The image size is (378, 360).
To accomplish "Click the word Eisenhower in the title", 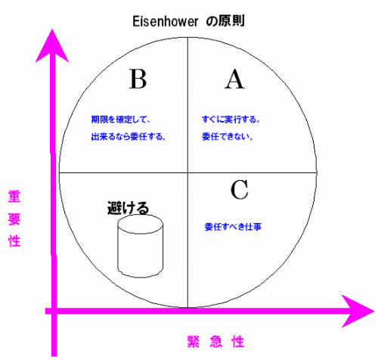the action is (x=166, y=21).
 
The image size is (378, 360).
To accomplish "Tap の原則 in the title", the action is (x=225, y=20).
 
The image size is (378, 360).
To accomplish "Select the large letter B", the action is (x=138, y=79).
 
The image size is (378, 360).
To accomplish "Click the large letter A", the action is (x=234, y=79).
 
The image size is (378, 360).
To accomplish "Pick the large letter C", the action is (x=240, y=190).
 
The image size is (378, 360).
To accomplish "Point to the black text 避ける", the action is (x=129, y=208).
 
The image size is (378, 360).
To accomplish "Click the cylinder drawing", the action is (x=141, y=246).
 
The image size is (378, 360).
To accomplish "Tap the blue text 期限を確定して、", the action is (x=120, y=119).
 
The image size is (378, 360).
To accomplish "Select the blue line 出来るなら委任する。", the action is (x=129, y=137).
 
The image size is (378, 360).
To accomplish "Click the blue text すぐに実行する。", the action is (x=231, y=119).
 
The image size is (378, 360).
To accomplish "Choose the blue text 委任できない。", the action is (x=228, y=137).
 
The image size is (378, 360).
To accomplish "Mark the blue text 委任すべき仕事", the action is (x=233, y=227).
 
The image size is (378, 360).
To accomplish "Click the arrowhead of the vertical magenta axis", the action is (x=52, y=45).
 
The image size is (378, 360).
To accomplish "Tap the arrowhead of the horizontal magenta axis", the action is (x=358, y=312).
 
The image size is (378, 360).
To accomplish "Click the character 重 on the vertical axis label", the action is (x=14, y=197).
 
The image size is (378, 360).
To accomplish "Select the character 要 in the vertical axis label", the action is (x=14, y=219).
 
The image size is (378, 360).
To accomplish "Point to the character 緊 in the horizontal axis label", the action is (x=194, y=342).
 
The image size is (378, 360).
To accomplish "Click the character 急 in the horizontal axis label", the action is (x=216, y=342).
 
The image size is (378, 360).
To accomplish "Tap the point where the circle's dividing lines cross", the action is (x=187, y=173).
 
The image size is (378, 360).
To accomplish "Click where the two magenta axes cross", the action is (x=54, y=312).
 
